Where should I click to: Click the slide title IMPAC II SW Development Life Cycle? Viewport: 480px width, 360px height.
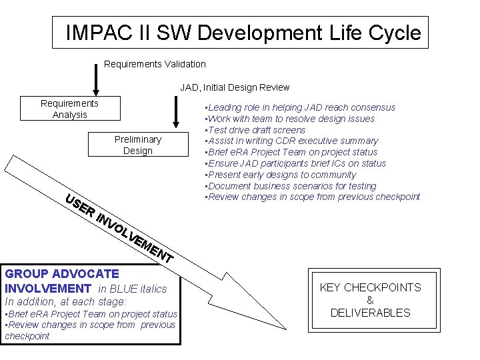243,33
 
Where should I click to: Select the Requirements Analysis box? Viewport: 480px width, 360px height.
69,109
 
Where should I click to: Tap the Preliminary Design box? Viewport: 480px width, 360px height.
137,145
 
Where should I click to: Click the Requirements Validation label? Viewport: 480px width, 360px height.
155,64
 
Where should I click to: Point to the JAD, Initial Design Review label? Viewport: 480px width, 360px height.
235,87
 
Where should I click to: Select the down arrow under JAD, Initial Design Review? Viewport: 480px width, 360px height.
175,112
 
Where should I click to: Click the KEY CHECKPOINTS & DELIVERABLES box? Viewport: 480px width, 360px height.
370,300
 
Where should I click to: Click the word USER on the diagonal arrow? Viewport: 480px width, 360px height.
79,205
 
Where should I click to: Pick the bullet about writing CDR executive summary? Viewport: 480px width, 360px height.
292,141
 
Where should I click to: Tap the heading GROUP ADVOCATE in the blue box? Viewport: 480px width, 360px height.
62,273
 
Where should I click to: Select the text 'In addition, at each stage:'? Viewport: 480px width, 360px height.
65,301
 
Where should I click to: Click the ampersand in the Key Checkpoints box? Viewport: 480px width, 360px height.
370,300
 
